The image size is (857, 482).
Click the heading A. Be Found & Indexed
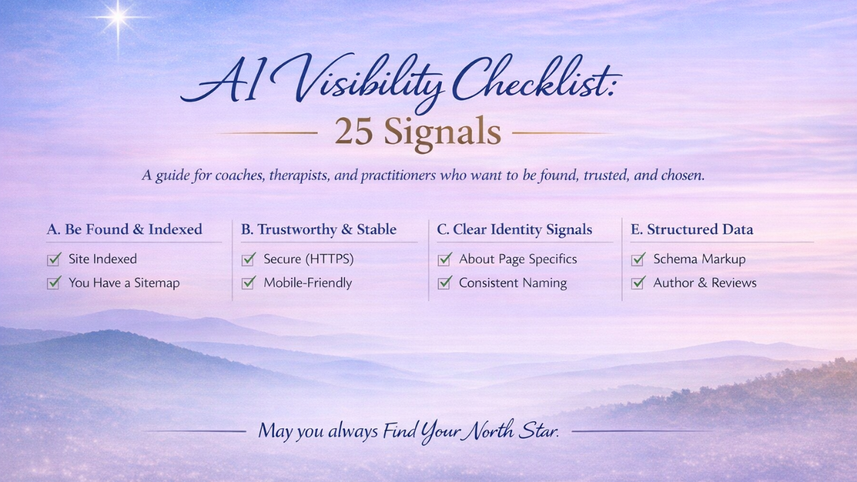(x=125, y=230)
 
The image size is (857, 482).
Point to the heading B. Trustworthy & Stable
(x=319, y=230)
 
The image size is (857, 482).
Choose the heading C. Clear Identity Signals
(x=514, y=230)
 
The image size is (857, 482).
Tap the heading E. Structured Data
(x=692, y=230)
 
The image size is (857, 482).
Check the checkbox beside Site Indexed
(x=54, y=259)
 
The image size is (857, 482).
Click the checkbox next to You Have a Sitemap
(x=54, y=283)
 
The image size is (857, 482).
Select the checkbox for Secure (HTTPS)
(x=248, y=259)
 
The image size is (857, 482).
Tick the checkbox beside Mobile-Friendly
(x=248, y=283)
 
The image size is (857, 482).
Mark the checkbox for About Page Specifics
(x=444, y=259)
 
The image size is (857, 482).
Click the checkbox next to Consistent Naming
(x=444, y=283)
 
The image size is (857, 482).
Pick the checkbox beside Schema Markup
(x=638, y=259)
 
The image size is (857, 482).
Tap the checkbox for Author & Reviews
(x=638, y=283)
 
